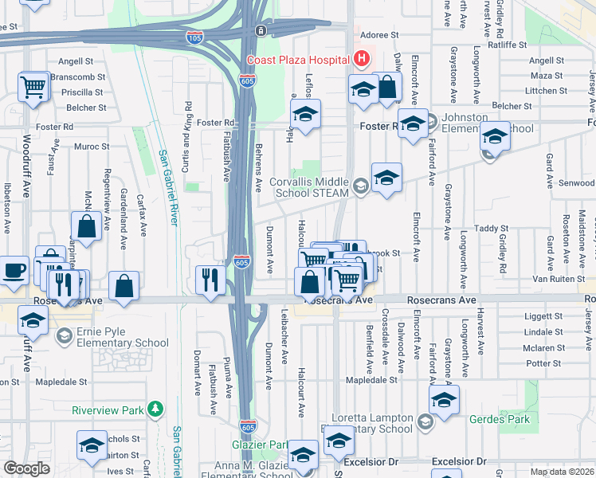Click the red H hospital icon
tap(363, 59)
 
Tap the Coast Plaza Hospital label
tap(299, 60)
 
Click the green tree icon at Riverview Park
tap(158, 410)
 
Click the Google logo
tap(26, 468)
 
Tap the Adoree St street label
tap(379, 35)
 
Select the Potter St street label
tap(545, 362)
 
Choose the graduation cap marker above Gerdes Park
tap(444, 398)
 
